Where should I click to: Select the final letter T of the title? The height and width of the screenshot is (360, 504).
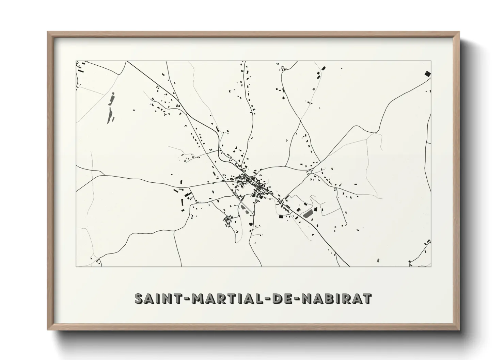367,298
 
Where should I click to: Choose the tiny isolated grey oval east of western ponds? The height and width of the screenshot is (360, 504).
134,110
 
